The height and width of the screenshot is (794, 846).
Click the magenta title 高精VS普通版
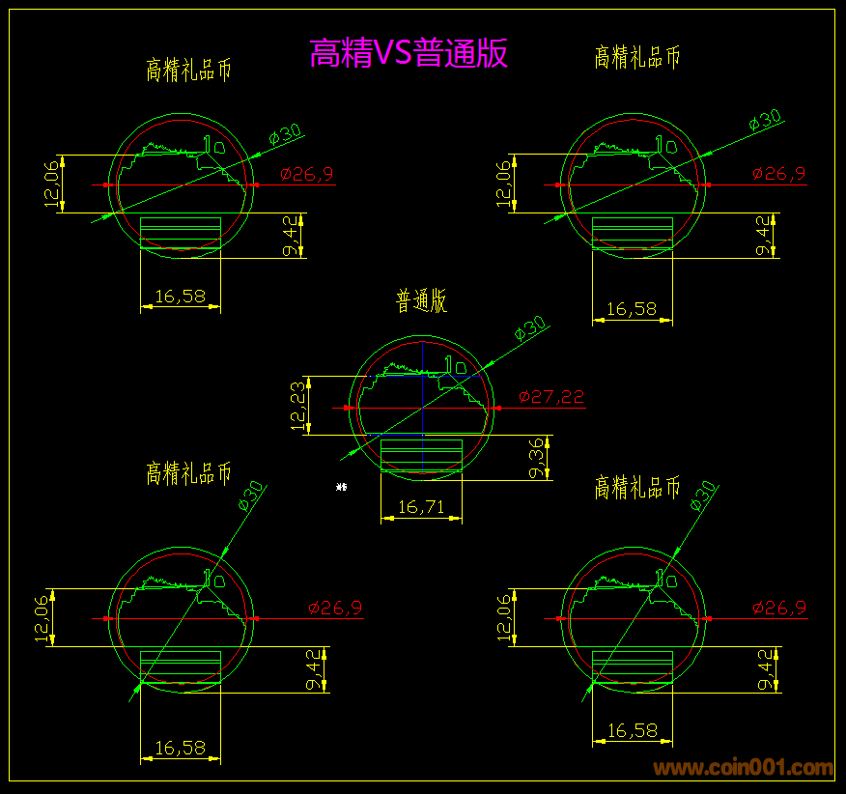[409, 53]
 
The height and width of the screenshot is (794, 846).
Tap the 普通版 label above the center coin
[421, 300]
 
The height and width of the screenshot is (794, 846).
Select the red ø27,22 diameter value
[550, 396]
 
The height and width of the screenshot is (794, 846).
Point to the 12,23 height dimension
[299, 406]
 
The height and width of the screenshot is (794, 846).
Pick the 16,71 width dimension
[421, 506]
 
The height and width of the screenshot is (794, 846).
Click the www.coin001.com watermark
[743, 769]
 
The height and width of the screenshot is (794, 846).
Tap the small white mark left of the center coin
[341, 487]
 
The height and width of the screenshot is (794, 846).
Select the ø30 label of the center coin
[530, 327]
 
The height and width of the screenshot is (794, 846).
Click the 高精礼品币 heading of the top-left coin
[188, 70]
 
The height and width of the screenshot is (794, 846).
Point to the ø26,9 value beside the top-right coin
[778, 174]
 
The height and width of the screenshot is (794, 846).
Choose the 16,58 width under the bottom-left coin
[180, 747]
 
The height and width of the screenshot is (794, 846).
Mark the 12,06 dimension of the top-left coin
[52, 184]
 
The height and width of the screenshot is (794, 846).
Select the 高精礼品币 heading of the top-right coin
[637, 57]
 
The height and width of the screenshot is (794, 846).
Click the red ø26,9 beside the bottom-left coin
[335, 608]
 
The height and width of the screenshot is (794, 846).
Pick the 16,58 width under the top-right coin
[632, 309]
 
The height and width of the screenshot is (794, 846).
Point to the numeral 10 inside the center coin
[455, 366]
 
